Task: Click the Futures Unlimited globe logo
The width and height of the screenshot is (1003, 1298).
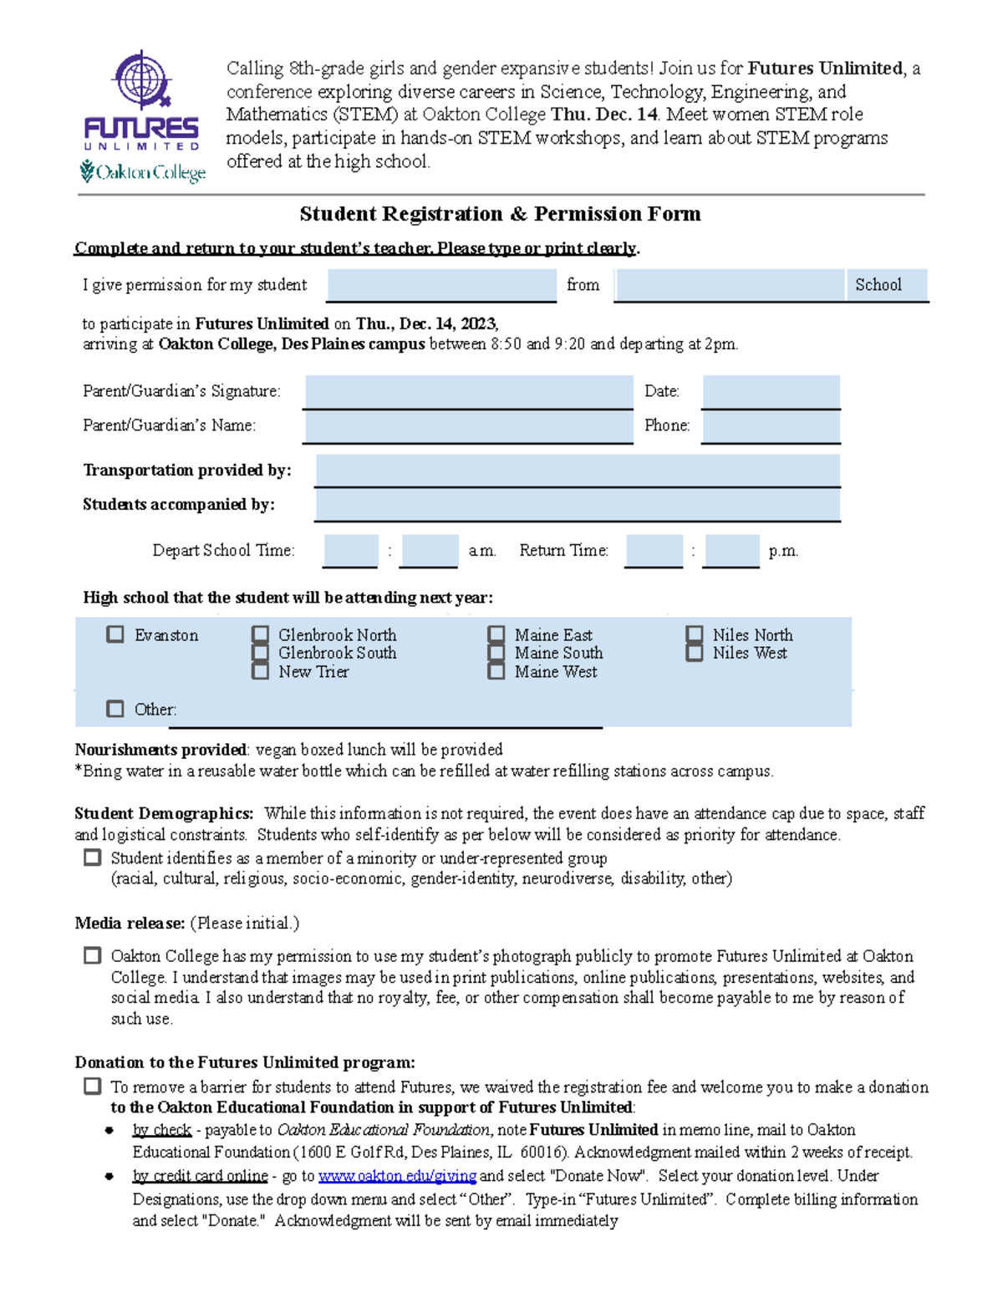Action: point(141,80)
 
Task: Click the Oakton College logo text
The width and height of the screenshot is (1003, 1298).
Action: point(143,172)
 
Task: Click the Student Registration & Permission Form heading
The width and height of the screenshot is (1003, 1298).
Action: point(500,214)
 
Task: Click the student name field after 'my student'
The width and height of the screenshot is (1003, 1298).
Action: point(441,285)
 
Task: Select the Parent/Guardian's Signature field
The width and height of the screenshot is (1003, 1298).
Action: point(468,391)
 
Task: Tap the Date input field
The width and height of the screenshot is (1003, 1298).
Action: point(771,391)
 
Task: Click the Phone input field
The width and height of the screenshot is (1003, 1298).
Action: point(771,426)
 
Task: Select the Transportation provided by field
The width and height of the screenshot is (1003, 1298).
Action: point(577,471)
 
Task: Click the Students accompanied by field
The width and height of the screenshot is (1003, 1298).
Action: point(577,505)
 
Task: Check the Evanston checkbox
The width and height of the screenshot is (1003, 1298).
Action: point(115,634)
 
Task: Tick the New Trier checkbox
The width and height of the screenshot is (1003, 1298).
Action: point(261,671)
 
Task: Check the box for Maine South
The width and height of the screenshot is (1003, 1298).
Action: point(496,653)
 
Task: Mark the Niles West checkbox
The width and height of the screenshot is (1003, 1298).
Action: point(695,653)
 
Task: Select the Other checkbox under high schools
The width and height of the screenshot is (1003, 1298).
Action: point(115,709)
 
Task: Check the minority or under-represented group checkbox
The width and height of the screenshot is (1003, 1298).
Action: point(93,858)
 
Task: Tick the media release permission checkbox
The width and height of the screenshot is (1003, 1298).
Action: point(93,955)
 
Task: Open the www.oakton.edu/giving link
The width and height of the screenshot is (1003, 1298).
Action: point(397,1176)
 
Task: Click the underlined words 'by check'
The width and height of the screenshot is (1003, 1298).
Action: point(162,1130)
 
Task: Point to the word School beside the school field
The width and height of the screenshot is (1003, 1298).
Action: point(878,285)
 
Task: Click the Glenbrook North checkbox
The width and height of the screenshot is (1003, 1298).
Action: point(261,634)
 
